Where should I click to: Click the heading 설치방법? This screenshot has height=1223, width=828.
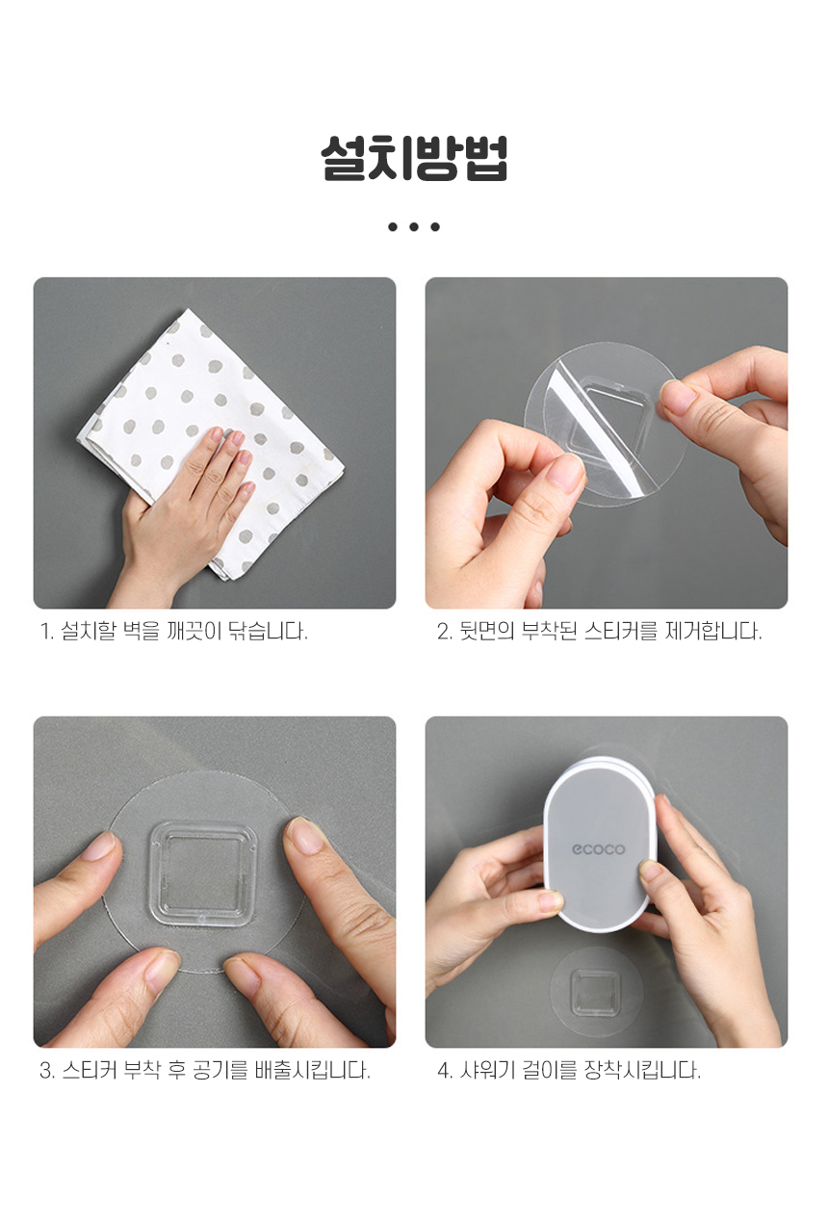[x=414, y=158]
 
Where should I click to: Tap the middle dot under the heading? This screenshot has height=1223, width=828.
[x=414, y=226]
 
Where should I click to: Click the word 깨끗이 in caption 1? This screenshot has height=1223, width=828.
[x=194, y=631]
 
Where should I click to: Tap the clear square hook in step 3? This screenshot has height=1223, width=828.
[x=202, y=872]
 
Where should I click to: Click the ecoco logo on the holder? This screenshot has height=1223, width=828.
[x=598, y=849]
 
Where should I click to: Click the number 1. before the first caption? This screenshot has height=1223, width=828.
[x=47, y=632]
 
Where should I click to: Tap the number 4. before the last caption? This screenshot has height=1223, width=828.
[x=445, y=1071]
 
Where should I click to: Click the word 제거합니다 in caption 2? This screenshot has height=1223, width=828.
[x=713, y=631]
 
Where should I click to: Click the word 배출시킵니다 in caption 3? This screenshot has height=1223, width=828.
[x=313, y=1070]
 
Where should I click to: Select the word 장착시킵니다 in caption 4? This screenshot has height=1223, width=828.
[x=642, y=1070]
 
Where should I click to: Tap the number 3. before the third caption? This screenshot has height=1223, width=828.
[x=47, y=1070]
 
